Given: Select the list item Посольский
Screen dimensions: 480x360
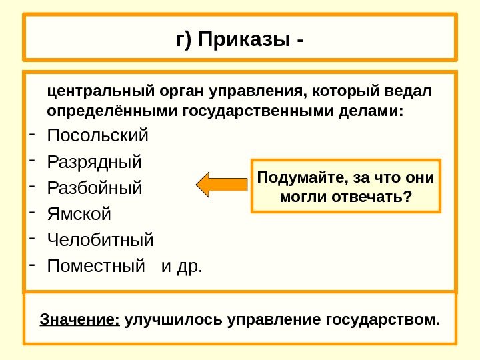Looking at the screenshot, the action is point(99,137).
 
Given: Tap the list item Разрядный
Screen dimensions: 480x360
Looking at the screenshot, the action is point(95,162).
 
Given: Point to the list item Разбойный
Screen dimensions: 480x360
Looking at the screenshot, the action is point(95,188).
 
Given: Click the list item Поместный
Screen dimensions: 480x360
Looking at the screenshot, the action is point(96,267).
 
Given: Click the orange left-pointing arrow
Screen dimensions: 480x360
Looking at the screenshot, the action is point(221,185).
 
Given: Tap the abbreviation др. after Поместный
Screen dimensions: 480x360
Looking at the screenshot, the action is point(190,267).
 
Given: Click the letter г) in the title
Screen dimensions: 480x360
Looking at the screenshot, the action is point(184,41).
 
